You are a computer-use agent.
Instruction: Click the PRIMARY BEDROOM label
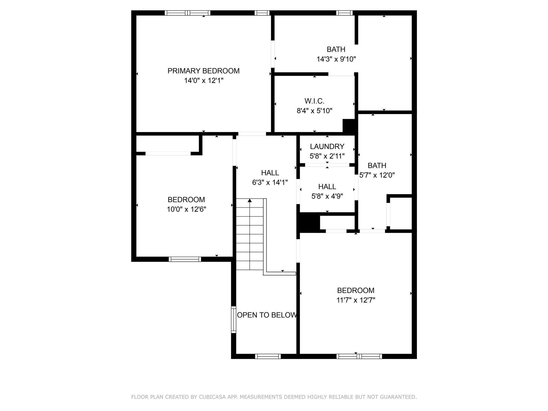coord(203,71)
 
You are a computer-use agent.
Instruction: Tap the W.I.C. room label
coord(314,101)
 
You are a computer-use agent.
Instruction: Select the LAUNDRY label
coord(327,146)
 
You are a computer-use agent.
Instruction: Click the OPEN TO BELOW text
coord(267,315)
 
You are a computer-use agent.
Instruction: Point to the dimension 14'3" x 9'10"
coord(336,59)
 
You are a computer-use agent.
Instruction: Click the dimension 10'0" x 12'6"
coord(187,209)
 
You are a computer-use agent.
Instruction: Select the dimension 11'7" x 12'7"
coord(356,300)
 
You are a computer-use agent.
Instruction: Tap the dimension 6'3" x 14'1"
coord(270,182)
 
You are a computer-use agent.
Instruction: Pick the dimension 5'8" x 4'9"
coord(327,196)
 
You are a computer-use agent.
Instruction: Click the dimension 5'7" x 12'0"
coord(377,175)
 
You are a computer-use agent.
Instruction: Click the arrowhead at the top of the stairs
coord(250,200)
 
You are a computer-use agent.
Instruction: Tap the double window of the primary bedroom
coord(187,13)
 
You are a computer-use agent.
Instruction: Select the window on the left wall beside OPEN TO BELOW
coord(234,319)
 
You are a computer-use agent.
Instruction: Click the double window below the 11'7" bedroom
coord(359,356)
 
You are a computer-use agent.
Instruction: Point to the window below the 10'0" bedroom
coord(185,259)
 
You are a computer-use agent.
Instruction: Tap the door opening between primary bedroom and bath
coord(273,54)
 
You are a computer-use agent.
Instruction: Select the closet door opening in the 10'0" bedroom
coord(168,154)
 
